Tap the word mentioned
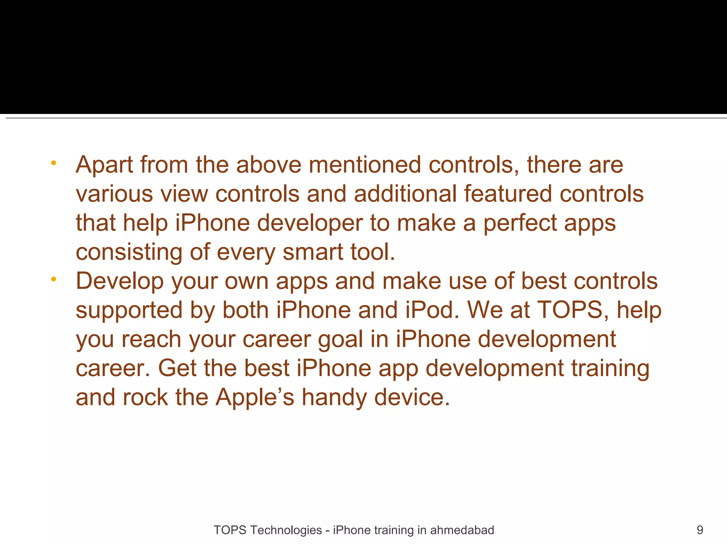tap(365, 165)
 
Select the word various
tap(114, 194)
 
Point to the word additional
tap(405, 194)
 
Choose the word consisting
tap(129, 252)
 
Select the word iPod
tap(432, 310)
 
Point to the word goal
tap(340, 340)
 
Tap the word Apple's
tap(255, 397)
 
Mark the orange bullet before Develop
tap(54, 280)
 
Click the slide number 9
tap(700, 530)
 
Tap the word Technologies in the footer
tap(286, 530)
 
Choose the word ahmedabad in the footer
tap(462, 530)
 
